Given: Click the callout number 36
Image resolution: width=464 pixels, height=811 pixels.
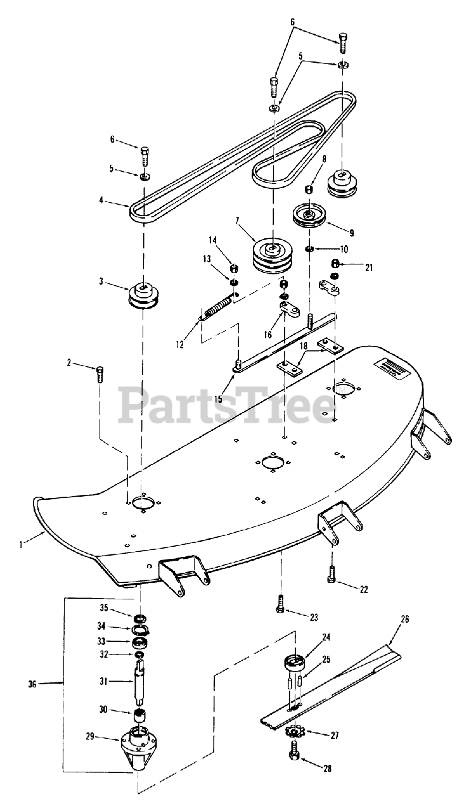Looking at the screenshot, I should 33,683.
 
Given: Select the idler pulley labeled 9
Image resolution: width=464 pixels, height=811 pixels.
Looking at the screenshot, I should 311,219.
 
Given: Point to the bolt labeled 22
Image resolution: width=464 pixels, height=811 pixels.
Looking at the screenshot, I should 332,573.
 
